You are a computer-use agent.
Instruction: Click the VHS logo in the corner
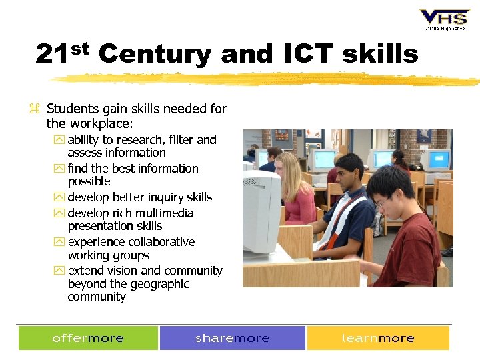(x=444, y=19)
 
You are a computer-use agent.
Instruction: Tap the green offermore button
(x=88, y=338)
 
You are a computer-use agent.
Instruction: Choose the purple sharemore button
(x=232, y=338)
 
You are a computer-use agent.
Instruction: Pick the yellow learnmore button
(x=378, y=338)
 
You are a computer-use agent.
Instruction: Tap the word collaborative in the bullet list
(x=157, y=242)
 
